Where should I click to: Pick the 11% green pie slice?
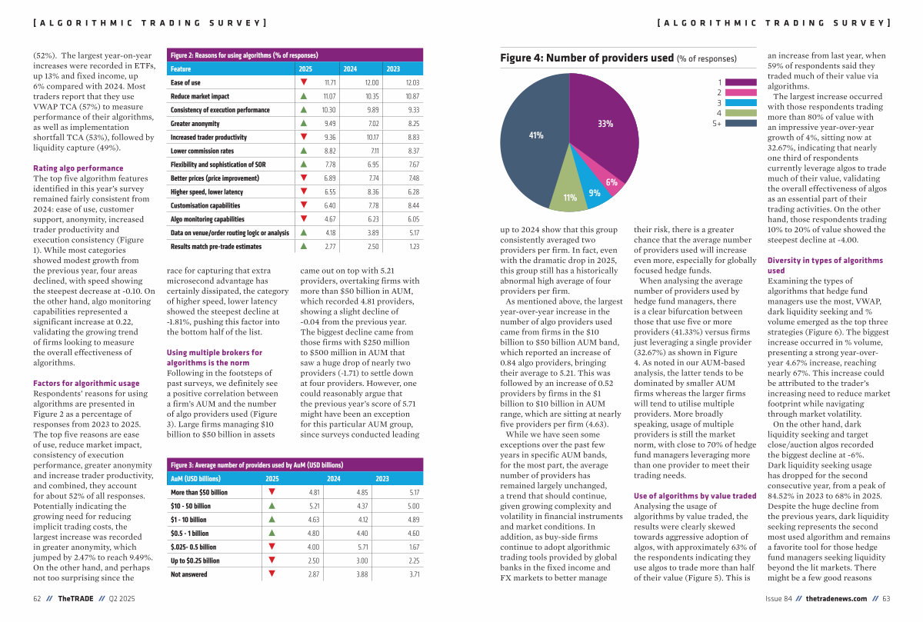point(568,196)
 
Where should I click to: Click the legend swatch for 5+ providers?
point(741,123)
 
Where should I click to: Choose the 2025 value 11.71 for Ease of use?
point(330,82)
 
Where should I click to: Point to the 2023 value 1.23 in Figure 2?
point(414,247)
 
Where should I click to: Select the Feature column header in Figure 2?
point(181,68)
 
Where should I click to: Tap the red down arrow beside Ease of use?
point(304,82)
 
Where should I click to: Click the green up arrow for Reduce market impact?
point(304,96)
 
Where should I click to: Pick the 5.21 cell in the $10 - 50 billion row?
point(314,506)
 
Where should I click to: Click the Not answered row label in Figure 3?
point(189,574)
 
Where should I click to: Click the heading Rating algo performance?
point(78,168)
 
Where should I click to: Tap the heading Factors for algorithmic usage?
point(86,383)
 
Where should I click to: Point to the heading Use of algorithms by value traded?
point(695,496)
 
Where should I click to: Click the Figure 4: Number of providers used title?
point(587,58)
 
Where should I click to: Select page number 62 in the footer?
point(37,598)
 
